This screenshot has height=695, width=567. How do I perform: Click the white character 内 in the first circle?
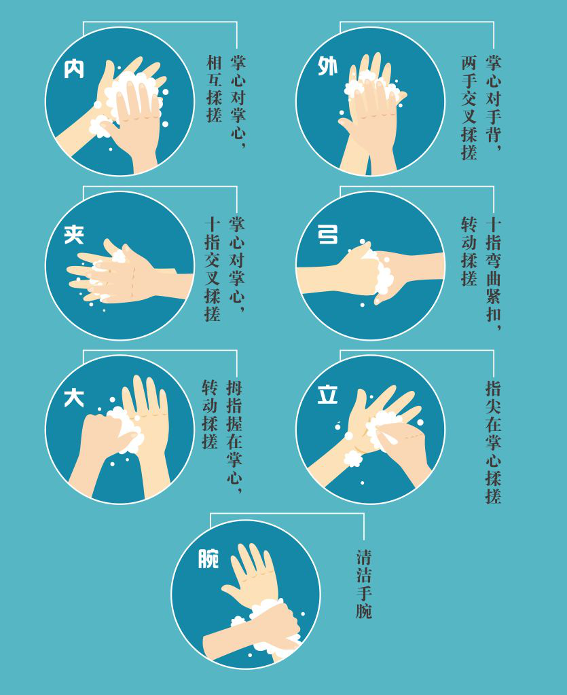point(74,69)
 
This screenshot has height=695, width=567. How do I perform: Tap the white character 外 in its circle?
point(327,66)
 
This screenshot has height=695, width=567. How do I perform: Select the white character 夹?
point(74,234)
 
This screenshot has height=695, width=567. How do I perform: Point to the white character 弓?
point(328,234)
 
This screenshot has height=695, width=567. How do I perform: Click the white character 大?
point(74,397)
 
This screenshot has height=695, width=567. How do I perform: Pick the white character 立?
point(327,394)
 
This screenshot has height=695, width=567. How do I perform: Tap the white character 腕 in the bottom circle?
point(208,559)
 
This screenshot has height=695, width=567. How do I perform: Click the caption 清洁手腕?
point(364,584)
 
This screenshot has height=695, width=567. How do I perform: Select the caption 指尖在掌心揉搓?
point(493,443)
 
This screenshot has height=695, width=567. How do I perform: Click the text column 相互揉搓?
point(214,89)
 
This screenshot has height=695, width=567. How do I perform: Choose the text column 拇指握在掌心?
point(234,436)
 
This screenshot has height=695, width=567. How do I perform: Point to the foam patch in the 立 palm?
point(381,428)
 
